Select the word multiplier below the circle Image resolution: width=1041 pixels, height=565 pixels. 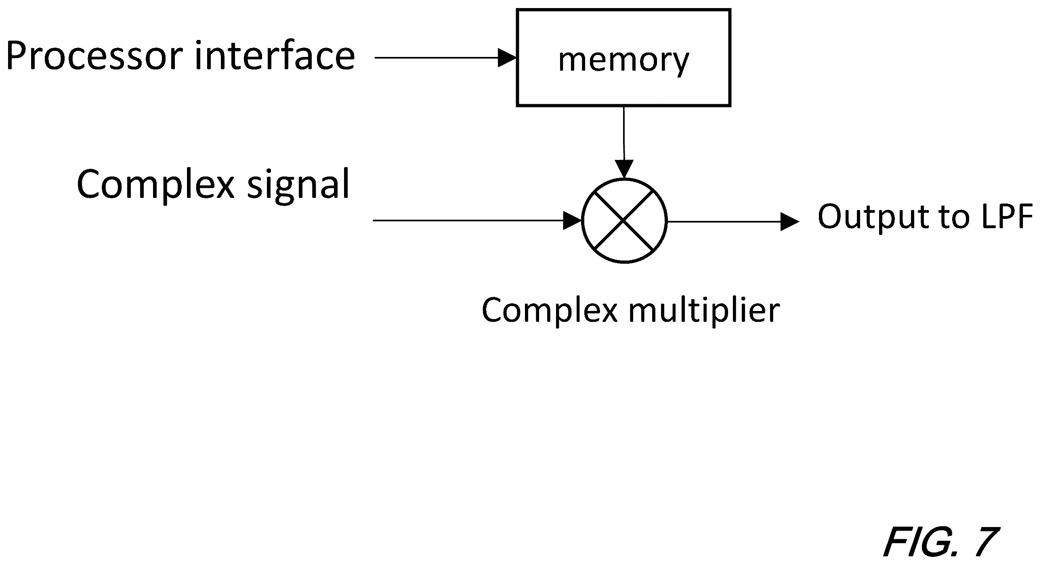(x=704, y=311)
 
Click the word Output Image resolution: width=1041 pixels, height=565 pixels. (x=873, y=217)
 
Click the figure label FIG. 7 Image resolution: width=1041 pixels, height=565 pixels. (x=941, y=542)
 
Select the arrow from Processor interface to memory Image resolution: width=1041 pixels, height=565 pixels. (x=446, y=58)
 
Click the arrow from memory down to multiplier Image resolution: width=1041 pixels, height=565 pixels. (x=624, y=143)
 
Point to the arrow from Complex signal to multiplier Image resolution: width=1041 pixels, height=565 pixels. (x=477, y=221)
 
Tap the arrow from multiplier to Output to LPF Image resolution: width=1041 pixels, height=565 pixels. (x=733, y=221)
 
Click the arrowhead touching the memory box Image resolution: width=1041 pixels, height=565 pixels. (x=508, y=58)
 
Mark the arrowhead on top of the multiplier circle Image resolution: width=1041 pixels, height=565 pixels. (x=624, y=169)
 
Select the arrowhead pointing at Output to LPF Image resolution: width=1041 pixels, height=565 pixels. (x=790, y=221)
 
